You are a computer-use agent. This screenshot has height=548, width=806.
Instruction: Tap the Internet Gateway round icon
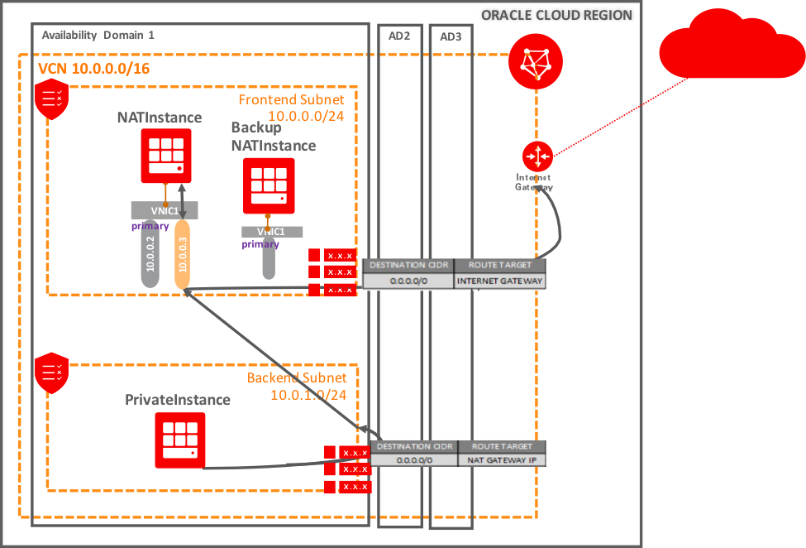click(x=537, y=156)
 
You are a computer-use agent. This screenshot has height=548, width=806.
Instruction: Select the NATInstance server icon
click(x=165, y=155)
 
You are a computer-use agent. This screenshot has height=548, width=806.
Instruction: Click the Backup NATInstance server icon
click(x=269, y=186)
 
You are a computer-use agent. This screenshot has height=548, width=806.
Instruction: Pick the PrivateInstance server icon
click(x=179, y=440)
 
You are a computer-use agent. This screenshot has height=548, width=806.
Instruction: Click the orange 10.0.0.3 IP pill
click(x=182, y=254)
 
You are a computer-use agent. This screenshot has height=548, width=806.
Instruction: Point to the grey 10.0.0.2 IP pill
click(x=150, y=254)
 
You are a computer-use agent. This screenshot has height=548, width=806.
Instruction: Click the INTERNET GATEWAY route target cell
click(x=500, y=281)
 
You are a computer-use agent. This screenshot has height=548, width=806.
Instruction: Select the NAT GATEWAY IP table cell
click(x=502, y=460)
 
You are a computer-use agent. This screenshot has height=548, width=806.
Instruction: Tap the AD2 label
click(x=399, y=36)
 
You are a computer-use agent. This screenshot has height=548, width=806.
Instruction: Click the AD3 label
click(x=451, y=37)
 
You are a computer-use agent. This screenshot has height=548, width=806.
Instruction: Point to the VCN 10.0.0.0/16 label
click(x=94, y=68)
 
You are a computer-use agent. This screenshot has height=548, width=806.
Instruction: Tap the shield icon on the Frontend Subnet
click(x=52, y=100)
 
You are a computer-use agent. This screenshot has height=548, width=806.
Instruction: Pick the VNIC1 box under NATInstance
click(x=165, y=211)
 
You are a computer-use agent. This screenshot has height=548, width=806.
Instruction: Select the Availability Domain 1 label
click(x=98, y=36)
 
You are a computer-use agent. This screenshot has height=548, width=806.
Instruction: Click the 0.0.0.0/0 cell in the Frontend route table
click(x=408, y=281)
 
